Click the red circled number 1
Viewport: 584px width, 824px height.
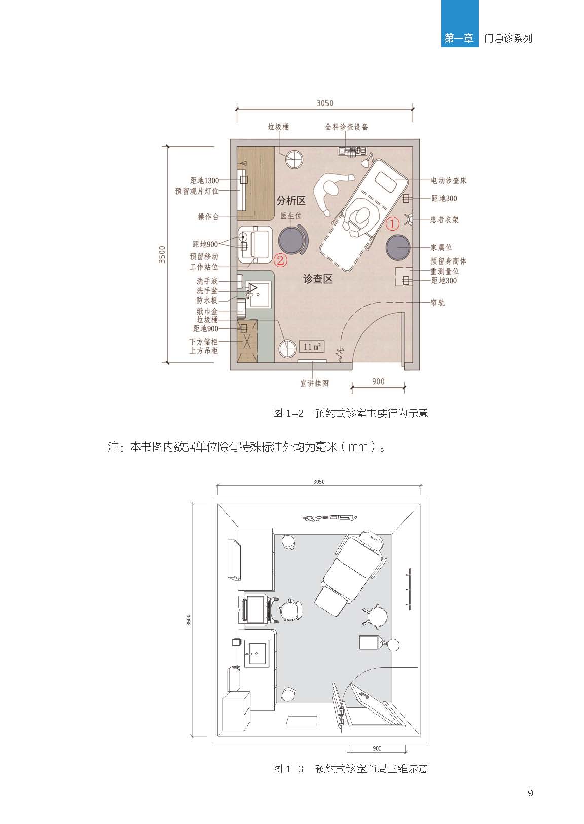[x=392, y=223]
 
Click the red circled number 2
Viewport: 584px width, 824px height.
[x=280, y=260]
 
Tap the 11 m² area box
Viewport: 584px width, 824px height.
[x=312, y=346]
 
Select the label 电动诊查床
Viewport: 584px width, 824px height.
[x=449, y=180]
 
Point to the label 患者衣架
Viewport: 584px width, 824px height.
[x=445, y=219]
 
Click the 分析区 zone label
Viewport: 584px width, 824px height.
[x=291, y=201]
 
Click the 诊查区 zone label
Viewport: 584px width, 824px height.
[x=317, y=279]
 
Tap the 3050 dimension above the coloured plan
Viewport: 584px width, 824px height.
[x=324, y=103]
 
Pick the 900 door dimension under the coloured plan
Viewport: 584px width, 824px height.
[x=378, y=381]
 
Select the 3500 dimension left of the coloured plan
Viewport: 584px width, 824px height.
[x=162, y=254]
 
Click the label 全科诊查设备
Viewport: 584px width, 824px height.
[x=346, y=127]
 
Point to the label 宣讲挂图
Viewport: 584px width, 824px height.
[x=315, y=383]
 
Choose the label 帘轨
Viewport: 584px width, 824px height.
[x=437, y=303]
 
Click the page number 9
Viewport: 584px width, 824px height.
[x=530, y=793]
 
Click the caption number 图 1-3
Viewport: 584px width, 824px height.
[x=288, y=768]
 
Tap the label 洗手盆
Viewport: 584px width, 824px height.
[x=207, y=290]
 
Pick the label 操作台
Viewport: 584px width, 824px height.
[x=208, y=217]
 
